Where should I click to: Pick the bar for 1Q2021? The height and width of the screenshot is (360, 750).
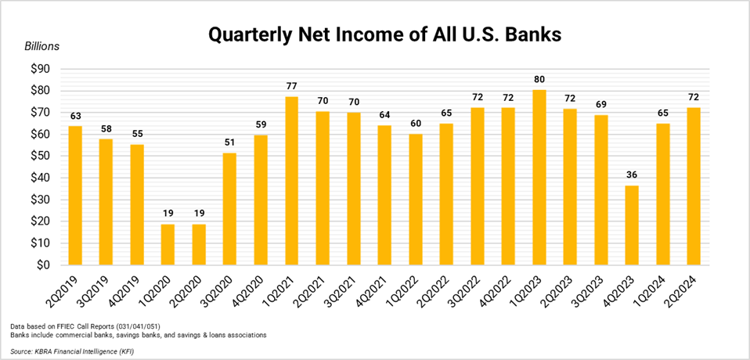tap(291, 181)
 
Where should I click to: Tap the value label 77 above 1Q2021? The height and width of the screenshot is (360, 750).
tap(291, 84)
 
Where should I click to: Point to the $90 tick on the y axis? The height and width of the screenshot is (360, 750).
tap(38, 69)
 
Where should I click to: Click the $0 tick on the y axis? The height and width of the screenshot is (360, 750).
tap(42, 265)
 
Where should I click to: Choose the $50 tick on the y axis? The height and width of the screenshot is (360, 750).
tap(38, 157)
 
